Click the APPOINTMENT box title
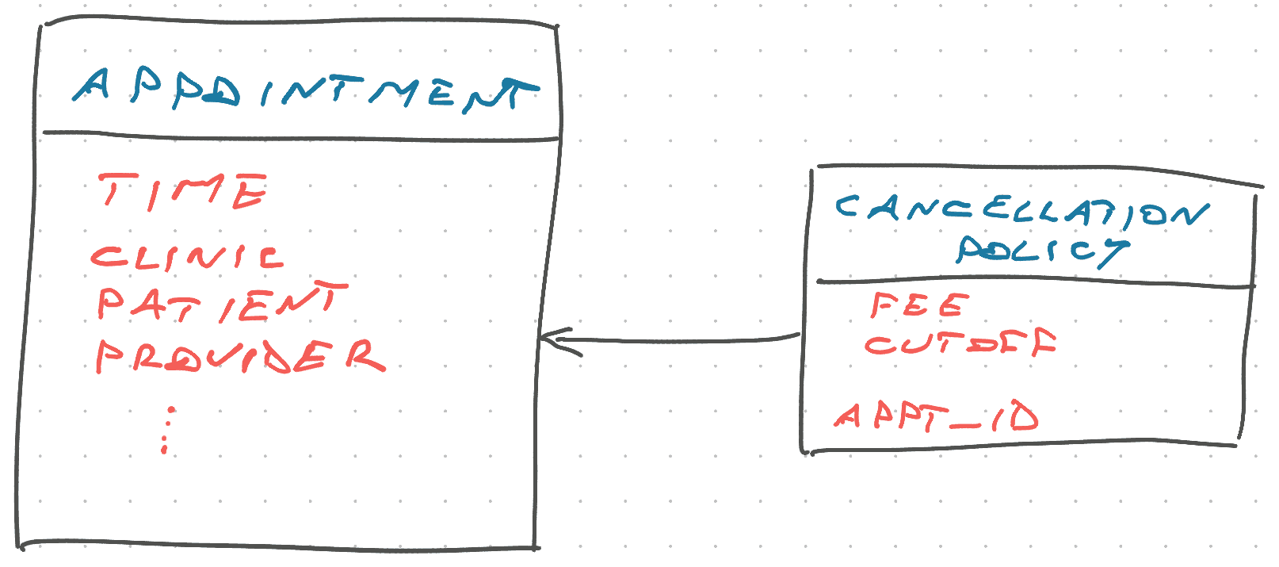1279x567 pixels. pyautogui.click(x=305, y=90)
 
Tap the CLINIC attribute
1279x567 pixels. pyautogui.click(x=187, y=258)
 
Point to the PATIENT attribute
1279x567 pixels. pyautogui.click(x=223, y=302)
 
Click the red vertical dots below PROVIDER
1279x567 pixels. pyautogui.click(x=166, y=430)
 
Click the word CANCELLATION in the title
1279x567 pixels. pyautogui.click(x=1022, y=211)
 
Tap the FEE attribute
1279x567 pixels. pyautogui.click(x=920, y=305)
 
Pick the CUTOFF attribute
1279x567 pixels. pyautogui.click(x=960, y=343)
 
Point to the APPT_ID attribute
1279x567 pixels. pyautogui.click(x=937, y=416)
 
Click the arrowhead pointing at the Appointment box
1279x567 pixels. pyautogui.click(x=557, y=341)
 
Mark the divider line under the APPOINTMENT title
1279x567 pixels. pyautogui.click(x=301, y=136)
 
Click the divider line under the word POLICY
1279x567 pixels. pyautogui.click(x=1036, y=282)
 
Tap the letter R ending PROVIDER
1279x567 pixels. pyautogui.click(x=366, y=355)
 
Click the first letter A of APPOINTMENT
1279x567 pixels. pyautogui.click(x=91, y=86)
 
